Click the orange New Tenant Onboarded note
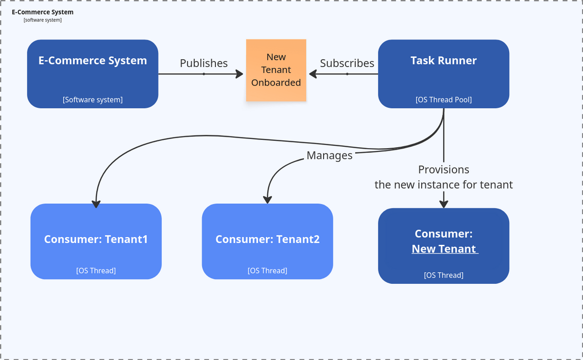click(276, 70)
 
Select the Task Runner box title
click(443, 60)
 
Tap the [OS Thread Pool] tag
click(443, 100)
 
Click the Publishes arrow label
click(204, 63)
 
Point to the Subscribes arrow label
click(347, 63)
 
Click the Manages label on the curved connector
click(329, 155)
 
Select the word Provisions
click(443, 170)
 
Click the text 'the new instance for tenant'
click(443, 185)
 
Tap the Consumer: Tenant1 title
click(96, 239)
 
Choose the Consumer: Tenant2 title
click(267, 239)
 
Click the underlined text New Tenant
click(444, 249)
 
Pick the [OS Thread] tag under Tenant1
click(96, 271)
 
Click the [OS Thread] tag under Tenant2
click(267, 271)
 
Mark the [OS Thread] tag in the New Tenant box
click(443, 275)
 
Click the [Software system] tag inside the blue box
click(92, 100)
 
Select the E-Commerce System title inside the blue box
click(92, 60)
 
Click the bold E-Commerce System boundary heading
click(43, 12)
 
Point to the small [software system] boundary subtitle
click(43, 20)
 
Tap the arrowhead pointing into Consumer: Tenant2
click(267, 199)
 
